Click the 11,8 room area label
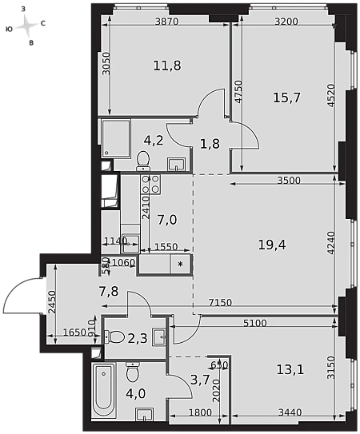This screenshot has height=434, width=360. coord(167,66)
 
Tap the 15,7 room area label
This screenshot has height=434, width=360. coord(287,98)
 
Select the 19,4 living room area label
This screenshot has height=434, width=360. coord(272,245)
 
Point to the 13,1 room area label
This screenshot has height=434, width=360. coord(290,369)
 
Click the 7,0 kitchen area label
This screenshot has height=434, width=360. coord(167,221)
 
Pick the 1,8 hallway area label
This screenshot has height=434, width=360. coord(210,144)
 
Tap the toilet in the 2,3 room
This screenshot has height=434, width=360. coord(114,336)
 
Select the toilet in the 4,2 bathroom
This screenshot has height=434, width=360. coord(143,161)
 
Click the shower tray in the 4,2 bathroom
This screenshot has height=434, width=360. coord(116,139)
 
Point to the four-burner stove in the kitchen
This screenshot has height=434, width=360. coord(150,184)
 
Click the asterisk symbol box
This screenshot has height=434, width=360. coord(181,264)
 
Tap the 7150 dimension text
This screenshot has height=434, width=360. coord(220,303)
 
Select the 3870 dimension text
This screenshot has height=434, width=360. coord(166,22)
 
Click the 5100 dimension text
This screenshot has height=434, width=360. coord(255,323)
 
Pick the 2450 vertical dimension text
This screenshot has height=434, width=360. coord(52,302)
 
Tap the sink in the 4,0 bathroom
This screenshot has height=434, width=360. coord(145,414)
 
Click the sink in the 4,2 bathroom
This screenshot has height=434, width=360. coord(176,164)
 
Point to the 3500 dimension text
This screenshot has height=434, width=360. coord(289,181)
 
